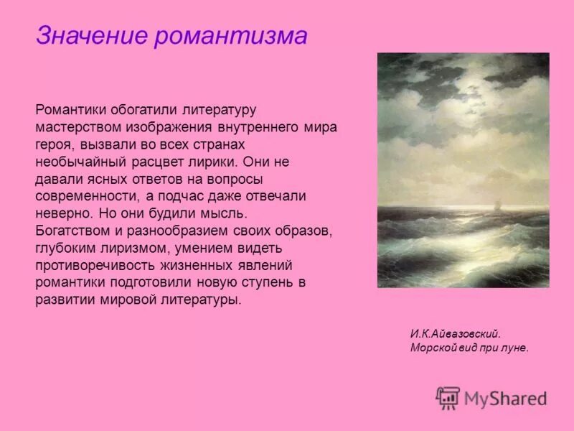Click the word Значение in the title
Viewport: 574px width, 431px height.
92,35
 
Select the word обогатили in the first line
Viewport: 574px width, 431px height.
146,111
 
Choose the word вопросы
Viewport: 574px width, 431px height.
239,179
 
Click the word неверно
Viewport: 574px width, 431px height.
60,213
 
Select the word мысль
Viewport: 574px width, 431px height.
226,213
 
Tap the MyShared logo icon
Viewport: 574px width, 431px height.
448,397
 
